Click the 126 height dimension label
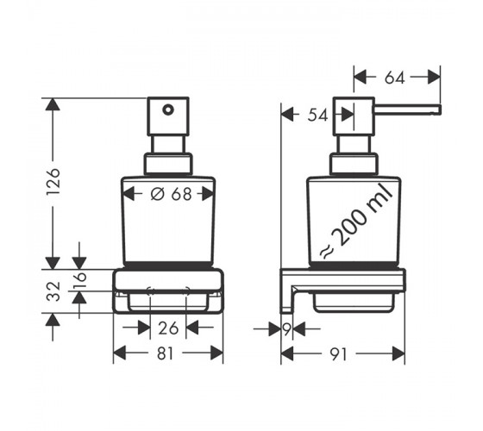point(53,182)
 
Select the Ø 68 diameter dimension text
point(171,194)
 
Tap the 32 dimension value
point(53,291)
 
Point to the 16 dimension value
point(79,280)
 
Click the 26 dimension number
point(168,328)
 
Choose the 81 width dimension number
point(166,353)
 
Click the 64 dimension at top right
point(394,78)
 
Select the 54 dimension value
point(317,116)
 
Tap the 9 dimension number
point(286,329)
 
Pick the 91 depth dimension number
point(338,354)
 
